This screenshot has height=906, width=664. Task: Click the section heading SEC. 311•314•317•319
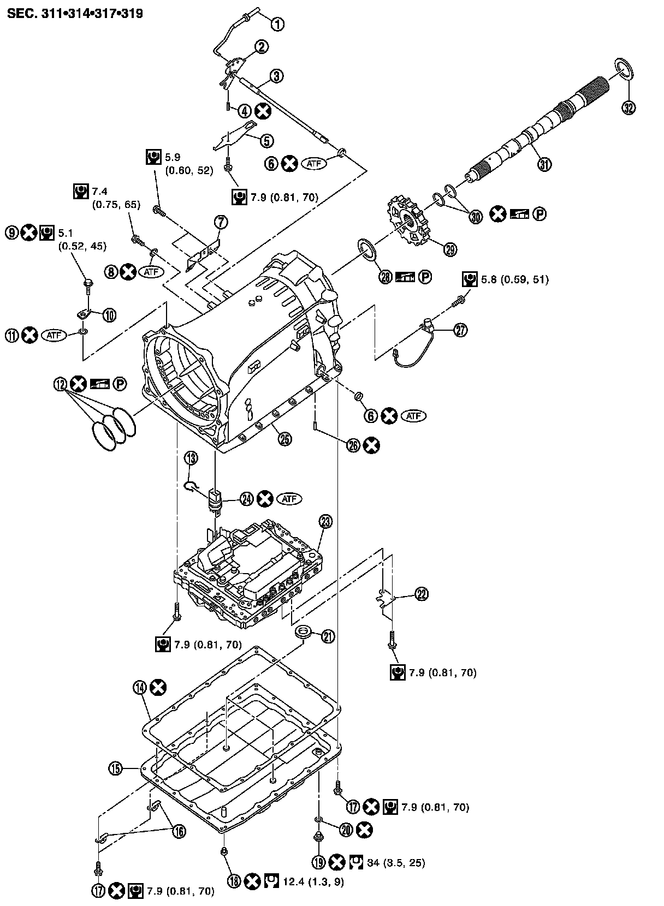click(75, 14)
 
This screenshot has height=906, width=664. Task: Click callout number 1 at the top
click(278, 23)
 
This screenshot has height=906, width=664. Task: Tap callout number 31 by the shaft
click(544, 164)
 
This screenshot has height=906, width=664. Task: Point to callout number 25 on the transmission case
click(284, 437)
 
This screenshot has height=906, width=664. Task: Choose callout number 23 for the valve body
click(325, 521)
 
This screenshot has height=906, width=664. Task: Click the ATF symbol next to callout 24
click(289, 498)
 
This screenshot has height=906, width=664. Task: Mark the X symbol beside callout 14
click(158, 688)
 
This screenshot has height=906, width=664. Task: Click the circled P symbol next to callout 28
click(425, 278)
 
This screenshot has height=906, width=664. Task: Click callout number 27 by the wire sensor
click(461, 330)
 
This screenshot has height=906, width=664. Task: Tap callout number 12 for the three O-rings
click(60, 384)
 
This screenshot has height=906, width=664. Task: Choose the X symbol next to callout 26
click(372, 445)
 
